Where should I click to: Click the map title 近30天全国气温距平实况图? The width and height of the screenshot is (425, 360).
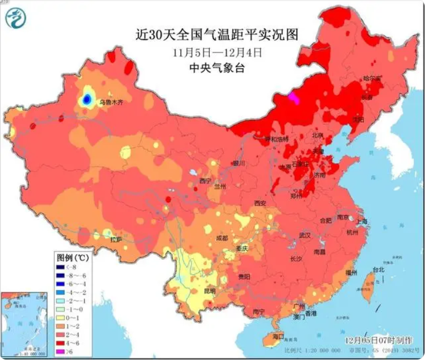pos(216,35)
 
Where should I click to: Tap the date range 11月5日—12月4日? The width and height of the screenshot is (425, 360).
pos(216,53)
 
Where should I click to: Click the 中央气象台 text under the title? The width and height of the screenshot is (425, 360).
pos(216,68)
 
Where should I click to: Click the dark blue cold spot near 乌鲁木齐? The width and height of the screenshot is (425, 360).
pos(87,100)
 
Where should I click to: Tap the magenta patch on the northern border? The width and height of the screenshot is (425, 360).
pos(293,98)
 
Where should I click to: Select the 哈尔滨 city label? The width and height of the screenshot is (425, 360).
pos(372,79)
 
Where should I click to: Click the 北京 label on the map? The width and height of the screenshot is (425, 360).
pos(318,135)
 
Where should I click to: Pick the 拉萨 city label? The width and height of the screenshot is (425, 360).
pos(116,239)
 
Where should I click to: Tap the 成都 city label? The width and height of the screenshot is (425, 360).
pos(222,238)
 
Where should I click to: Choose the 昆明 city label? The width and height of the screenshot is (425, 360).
pos(210,290)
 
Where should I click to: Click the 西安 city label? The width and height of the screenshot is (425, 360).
pos(260,204)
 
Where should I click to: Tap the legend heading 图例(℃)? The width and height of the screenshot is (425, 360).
pos(72,257)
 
